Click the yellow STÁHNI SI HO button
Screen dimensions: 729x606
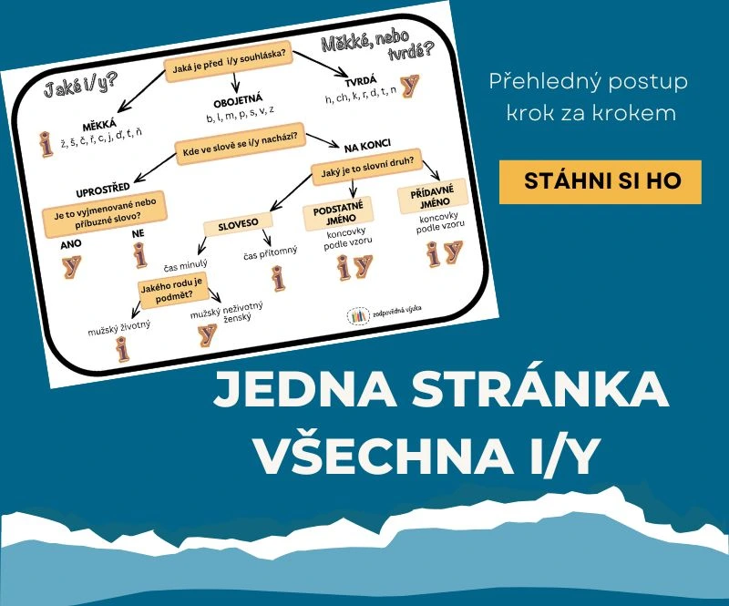point(601,180)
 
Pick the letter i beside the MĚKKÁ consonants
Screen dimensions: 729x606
point(46,143)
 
